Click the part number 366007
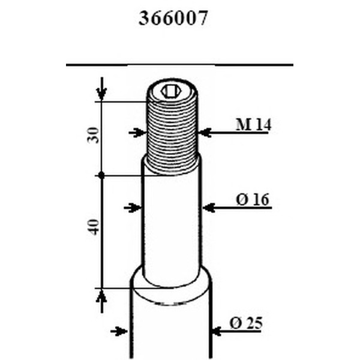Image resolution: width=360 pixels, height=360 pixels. point(173,19)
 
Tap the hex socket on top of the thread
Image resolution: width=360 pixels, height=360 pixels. point(170,92)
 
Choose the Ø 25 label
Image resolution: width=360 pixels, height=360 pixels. point(245,323)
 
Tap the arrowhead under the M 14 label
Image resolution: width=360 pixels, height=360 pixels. point(205,132)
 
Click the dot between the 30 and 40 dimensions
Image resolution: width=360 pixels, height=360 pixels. point(102,175)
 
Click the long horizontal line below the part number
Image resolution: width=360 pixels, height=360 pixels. point(180,64)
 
